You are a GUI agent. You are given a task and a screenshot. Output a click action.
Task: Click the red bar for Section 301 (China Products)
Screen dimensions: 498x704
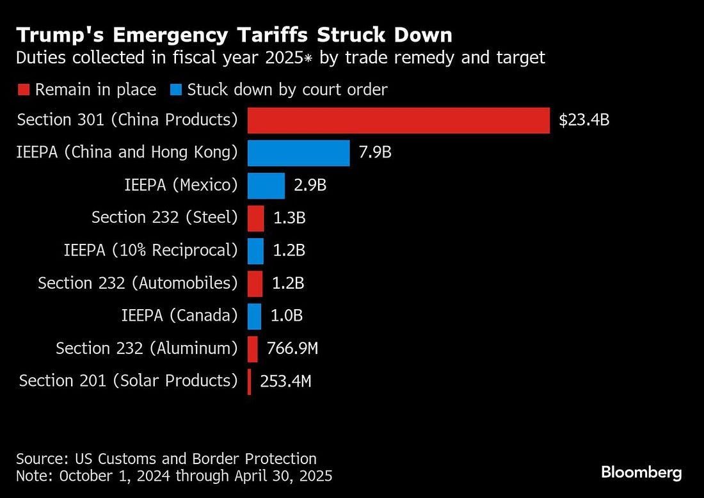[x=398, y=120]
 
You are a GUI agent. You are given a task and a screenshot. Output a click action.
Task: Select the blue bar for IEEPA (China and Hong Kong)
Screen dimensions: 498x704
[x=298, y=153]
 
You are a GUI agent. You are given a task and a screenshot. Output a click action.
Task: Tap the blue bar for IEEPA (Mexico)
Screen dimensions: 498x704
[x=266, y=186]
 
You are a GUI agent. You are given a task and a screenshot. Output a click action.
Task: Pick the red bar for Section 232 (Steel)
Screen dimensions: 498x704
[x=255, y=218]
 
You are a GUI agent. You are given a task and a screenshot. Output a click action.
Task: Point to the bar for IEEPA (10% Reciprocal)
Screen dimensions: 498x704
[x=255, y=251]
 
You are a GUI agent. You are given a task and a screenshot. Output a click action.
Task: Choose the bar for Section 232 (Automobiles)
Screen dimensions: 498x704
[x=255, y=284]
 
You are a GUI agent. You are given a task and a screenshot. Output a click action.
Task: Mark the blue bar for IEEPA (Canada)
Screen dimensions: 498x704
[x=254, y=316]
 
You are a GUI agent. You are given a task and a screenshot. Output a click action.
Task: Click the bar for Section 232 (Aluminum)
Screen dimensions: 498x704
[x=253, y=349]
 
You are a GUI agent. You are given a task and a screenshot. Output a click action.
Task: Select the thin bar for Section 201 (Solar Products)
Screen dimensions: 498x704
[x=250, y=382]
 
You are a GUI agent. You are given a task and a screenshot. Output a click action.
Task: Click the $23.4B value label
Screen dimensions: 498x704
[x=584, y=120]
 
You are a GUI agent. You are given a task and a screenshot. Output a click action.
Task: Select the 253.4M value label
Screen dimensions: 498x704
[x=285, y=382]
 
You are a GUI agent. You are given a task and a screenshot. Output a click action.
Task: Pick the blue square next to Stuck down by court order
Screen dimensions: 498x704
[x=175, y=90]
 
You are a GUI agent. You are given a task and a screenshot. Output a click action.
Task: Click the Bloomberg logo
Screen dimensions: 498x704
[x=641, y=473]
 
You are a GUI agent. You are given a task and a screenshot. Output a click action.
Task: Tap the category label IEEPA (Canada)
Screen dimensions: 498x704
[x=179, y=316]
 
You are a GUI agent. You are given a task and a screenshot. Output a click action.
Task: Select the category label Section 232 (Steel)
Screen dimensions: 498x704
[x=164, y=218]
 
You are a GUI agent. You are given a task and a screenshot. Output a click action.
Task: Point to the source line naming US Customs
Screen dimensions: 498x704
[x=166, y=458]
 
